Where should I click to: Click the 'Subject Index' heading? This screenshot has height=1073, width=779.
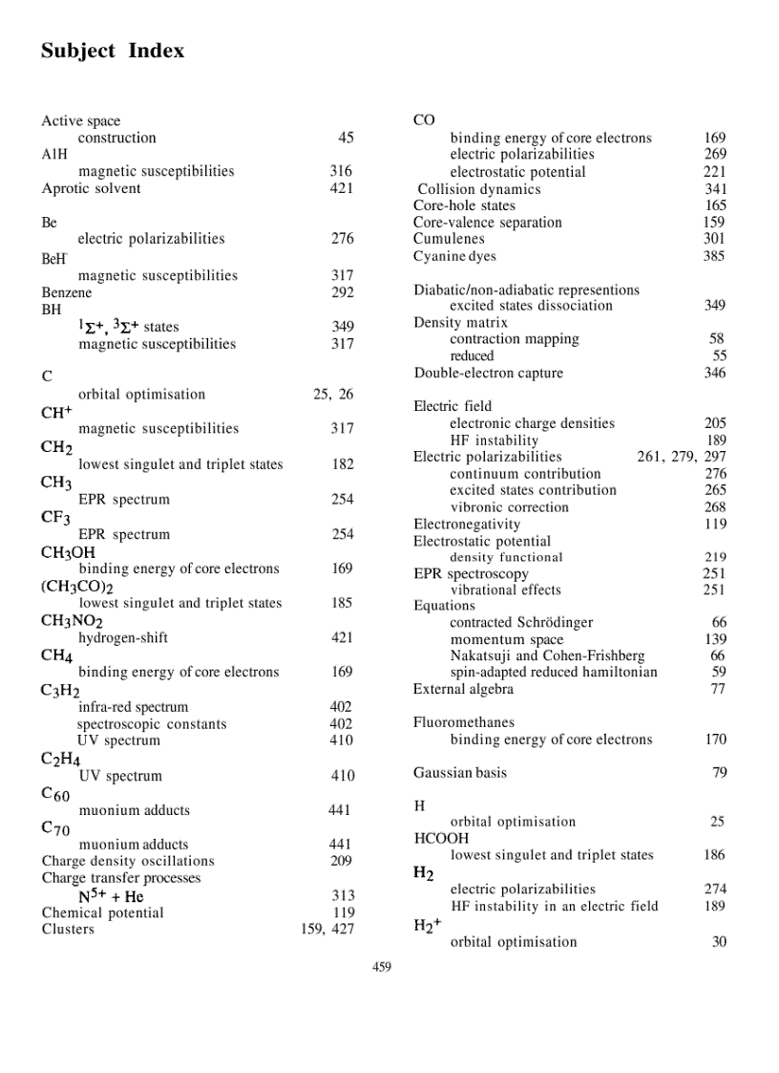click(113, 51)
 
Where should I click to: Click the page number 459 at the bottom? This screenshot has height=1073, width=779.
click(381, 967)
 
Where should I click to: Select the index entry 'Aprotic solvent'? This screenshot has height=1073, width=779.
click(91, 188)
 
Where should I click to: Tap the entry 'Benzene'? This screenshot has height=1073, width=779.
click(67, 292)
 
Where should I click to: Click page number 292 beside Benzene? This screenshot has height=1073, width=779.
click(342, 292)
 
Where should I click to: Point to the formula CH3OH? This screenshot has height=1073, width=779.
click(68, 552)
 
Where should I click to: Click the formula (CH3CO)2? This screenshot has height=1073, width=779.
click(77, 587)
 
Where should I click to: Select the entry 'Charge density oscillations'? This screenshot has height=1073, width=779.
click(128, 861)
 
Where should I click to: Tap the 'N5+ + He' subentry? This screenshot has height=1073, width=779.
click(111, 896)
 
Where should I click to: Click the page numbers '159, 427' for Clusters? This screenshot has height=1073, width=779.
click(326, 929)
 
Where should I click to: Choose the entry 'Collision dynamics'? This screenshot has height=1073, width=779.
click(479, 189)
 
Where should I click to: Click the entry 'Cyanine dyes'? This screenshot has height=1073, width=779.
click(454, 256)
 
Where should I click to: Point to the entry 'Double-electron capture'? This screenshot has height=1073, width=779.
click(488, 373)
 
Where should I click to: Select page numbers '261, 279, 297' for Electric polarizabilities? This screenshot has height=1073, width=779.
click(681, 457)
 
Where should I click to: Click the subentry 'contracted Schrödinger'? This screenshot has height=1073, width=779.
click(521, 623)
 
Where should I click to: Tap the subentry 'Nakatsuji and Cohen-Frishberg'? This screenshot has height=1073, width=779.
click(547, 655)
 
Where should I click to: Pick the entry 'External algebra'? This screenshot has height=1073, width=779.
click(463, 689)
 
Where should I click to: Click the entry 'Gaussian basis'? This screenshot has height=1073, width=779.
click(460, 772)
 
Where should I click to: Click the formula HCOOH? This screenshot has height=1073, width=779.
click(441, 839)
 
